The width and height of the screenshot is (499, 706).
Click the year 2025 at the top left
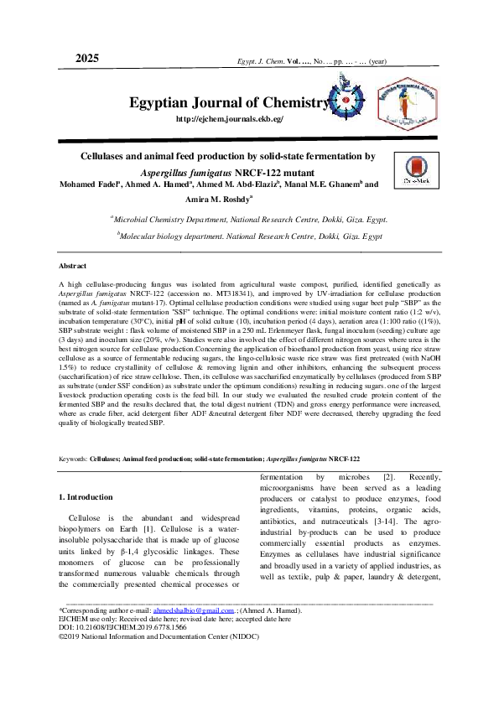click(87, 58)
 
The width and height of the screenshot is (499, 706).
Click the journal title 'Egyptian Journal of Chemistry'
click(226, 103)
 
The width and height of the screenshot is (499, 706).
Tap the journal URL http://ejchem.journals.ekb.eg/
click(230, 119)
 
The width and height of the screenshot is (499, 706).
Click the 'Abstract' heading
click(74, 266)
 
